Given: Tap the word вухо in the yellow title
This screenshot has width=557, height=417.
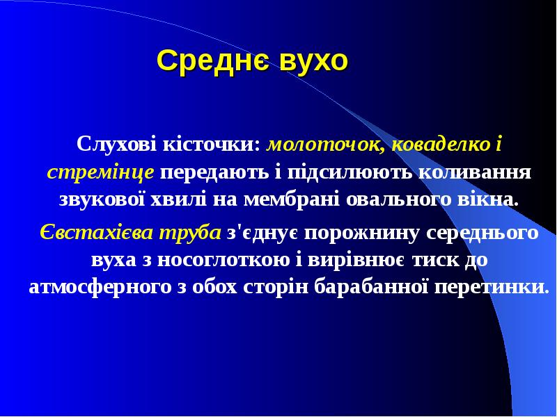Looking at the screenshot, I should [313, 61].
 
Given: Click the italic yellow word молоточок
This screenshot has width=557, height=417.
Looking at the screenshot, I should [326, 146].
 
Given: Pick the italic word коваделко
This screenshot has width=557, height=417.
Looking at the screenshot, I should [439, 146].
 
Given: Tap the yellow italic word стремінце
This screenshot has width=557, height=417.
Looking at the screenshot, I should [100, 172].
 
